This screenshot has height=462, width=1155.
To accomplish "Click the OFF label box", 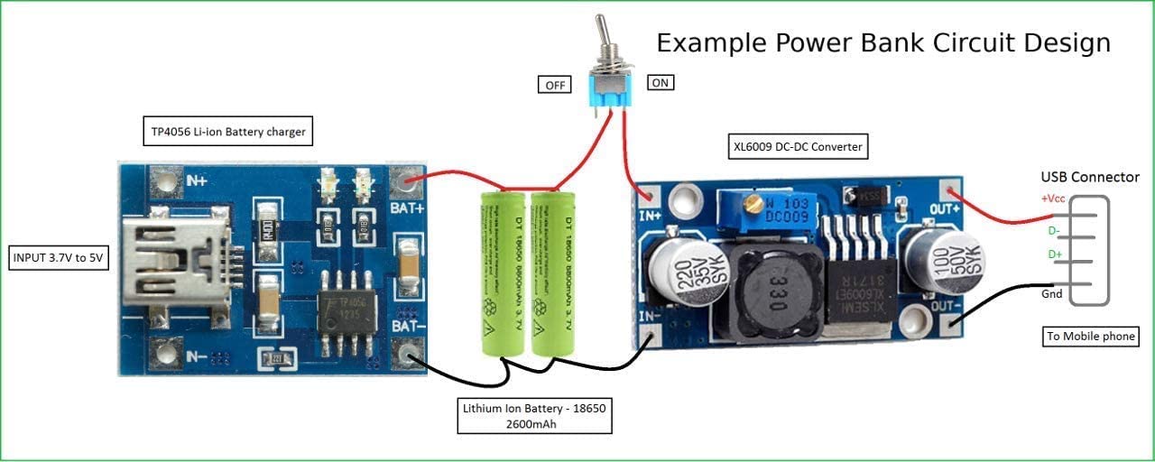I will (x=554, y=85).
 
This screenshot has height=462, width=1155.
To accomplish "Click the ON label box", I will (x=661, y=82).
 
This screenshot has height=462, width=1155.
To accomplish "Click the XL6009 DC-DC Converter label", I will (x=798, y=146).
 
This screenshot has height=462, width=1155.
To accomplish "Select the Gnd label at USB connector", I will (x=1052, y=295).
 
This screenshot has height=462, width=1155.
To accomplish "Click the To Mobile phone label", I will (x=1091, y=337).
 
